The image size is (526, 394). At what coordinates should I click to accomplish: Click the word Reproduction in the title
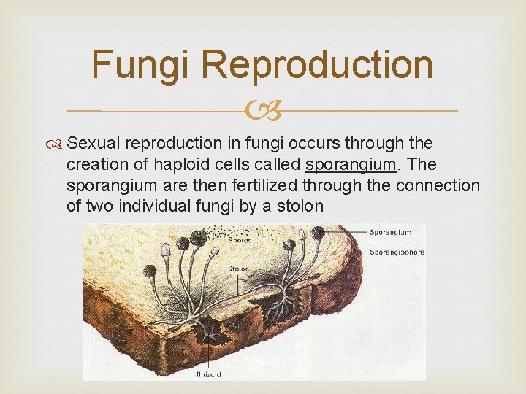point(317,64)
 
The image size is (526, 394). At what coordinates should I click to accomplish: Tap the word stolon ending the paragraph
point(297,206)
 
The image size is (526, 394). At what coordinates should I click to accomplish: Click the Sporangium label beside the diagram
point(392,232)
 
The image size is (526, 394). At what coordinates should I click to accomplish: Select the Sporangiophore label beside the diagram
point(397,252)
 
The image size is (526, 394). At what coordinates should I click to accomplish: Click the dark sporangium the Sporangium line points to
point(319,233)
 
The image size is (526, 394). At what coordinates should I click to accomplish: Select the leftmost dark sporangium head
point(149,271)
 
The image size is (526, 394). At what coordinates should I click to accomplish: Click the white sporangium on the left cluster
point(165,249)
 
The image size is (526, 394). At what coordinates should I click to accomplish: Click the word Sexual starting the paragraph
point(102,144)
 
